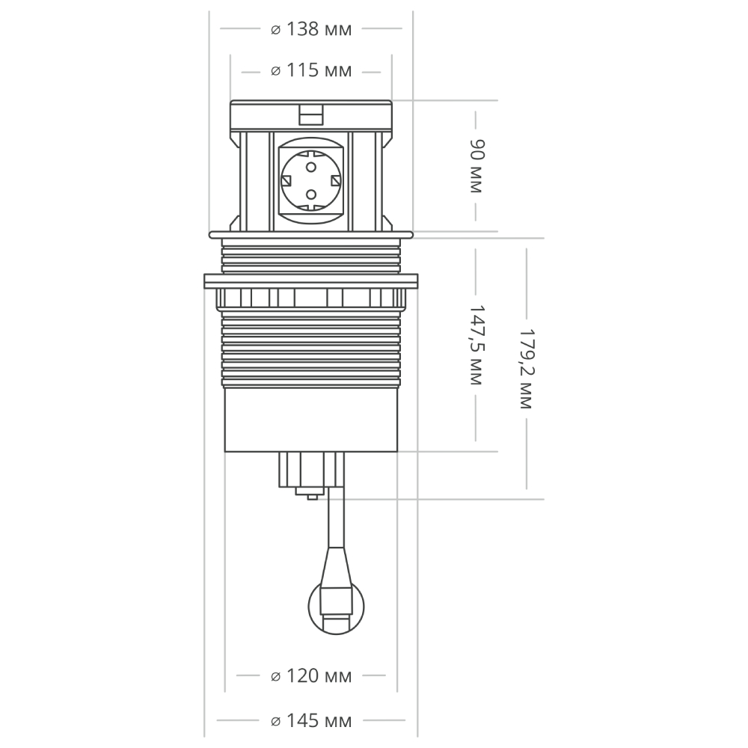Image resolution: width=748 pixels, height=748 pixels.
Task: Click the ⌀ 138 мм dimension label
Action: coord(310,29)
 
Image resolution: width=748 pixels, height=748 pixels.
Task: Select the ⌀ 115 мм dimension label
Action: coord(310,71)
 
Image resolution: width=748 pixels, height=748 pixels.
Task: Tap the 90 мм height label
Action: coord(476,166)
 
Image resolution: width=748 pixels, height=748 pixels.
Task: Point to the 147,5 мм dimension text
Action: coord(476,345)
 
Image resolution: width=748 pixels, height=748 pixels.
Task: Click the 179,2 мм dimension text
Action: coord(526,369)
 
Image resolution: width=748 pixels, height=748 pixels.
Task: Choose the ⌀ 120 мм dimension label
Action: coord(310,676)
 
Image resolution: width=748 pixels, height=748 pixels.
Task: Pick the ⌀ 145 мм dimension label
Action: coord(310,722)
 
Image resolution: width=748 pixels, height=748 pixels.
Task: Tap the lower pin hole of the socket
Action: coord(310,195)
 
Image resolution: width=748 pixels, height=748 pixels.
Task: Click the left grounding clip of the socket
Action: coord(286,180)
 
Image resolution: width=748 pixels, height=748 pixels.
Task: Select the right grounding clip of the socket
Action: coord(335,180)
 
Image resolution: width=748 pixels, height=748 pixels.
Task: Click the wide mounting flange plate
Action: coord(310,280)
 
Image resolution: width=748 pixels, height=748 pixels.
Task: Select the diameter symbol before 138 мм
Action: coord(275,30)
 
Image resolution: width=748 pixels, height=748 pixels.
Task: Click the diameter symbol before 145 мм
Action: coord(275,723)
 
